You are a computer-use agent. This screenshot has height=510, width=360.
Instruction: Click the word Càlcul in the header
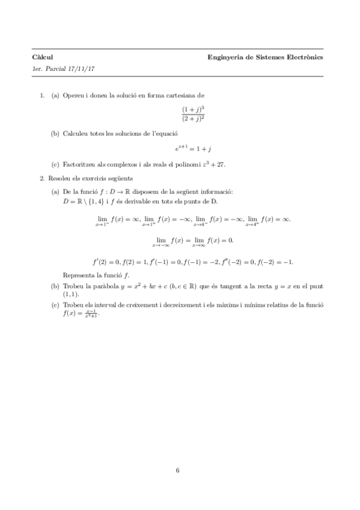point(41,57)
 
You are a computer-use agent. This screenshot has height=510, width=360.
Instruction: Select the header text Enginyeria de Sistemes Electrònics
point(265,57)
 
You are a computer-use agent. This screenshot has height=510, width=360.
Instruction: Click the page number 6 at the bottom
point(178,470)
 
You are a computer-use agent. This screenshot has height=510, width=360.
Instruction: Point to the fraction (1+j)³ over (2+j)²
point(194,114)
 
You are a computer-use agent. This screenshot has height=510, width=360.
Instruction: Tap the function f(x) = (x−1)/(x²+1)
point(81,313)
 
